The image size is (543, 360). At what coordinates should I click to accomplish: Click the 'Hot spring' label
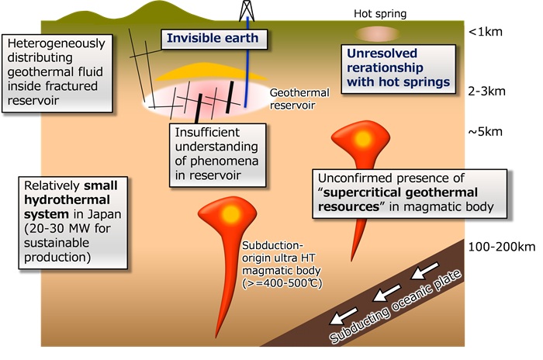(x=380, y=13)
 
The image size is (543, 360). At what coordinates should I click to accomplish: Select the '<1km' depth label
(x=486, y=33)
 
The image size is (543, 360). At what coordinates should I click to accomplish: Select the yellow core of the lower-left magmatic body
(x=228, y=213)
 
